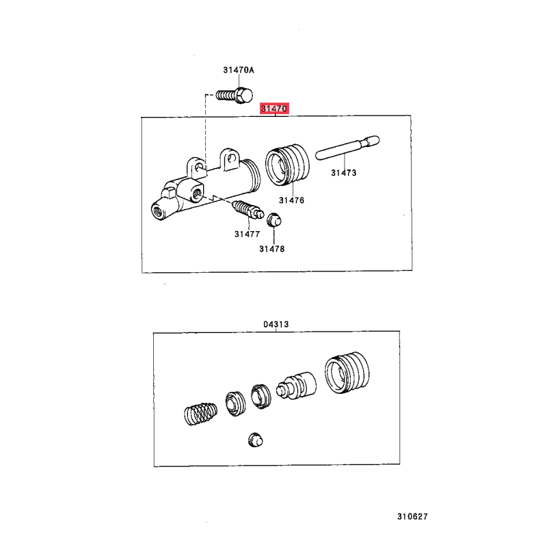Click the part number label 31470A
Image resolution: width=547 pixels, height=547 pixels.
tap(239, 70)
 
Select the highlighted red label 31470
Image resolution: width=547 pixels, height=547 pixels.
tap(275, 109)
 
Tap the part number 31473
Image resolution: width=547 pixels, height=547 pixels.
tap(344, 173)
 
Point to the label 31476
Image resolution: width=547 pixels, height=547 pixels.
tap(292, 200)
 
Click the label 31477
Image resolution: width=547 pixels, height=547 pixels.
tap(248, 234)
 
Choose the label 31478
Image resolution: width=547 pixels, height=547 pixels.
tap(271, 249)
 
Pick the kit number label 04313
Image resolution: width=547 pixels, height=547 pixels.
tap(276, 324)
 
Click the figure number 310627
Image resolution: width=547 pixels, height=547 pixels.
tap(412, 517)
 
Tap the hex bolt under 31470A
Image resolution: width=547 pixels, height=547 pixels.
tap(234, 95)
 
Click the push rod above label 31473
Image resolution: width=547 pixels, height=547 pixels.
tap(347, 148)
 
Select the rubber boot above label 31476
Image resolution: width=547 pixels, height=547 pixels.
tap(287, 165)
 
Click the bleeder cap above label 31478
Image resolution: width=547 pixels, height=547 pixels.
tap(274, 219)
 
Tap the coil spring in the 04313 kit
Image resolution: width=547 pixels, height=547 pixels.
tap(200, 414)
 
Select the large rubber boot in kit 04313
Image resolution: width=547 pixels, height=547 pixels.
tap(347, 373)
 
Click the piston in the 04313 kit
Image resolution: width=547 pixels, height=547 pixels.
tap(297, 386)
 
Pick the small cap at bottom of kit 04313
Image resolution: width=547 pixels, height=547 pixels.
tap(255, 440)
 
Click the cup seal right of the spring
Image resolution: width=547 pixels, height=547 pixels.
tap(235, 403)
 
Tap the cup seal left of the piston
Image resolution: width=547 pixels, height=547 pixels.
tap(261, 397)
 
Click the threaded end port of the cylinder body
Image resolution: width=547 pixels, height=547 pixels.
tap(159, 211)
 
